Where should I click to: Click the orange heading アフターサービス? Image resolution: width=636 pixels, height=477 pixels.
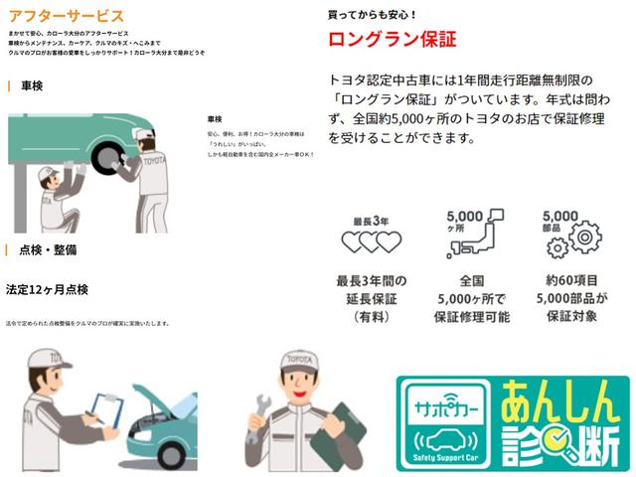[66, 17]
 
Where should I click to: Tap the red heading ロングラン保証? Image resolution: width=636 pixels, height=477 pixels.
[392, 41]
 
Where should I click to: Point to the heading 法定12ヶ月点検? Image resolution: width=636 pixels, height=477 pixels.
[49, 289]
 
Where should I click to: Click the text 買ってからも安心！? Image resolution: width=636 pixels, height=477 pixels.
[373, 15]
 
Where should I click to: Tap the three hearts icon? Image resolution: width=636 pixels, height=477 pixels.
[371, 241]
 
